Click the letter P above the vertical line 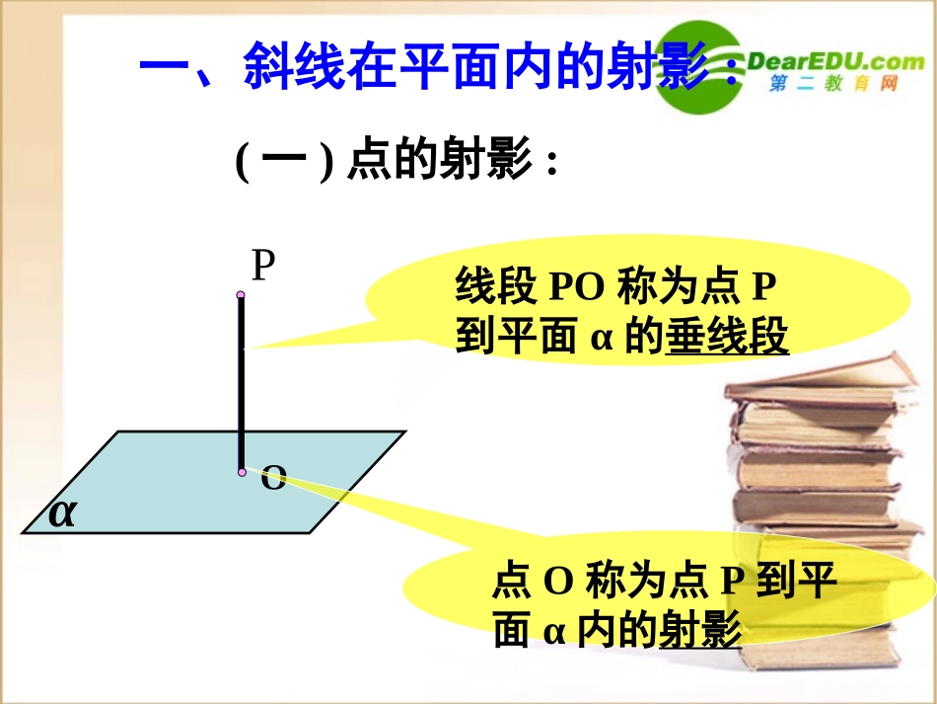(x=262, y=267)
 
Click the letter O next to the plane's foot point (x=273, y=480)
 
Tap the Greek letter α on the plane (x=62, y=512)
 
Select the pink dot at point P (x=240, y=294)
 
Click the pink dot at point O (x=242, y=472)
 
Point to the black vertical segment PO (x=241, y=385)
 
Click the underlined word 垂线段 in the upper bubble (x=728, y=338)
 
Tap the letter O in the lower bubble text (x=559, y=582)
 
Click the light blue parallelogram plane (x=178, y=484)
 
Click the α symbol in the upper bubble (x=603, y=339)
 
